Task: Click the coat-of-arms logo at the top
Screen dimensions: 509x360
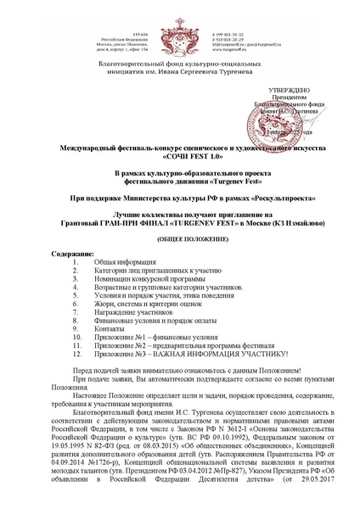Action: [179, 31]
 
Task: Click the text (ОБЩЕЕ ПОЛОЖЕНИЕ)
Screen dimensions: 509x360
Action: [180, 239]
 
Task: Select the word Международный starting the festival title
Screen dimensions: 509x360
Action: [80, 148]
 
